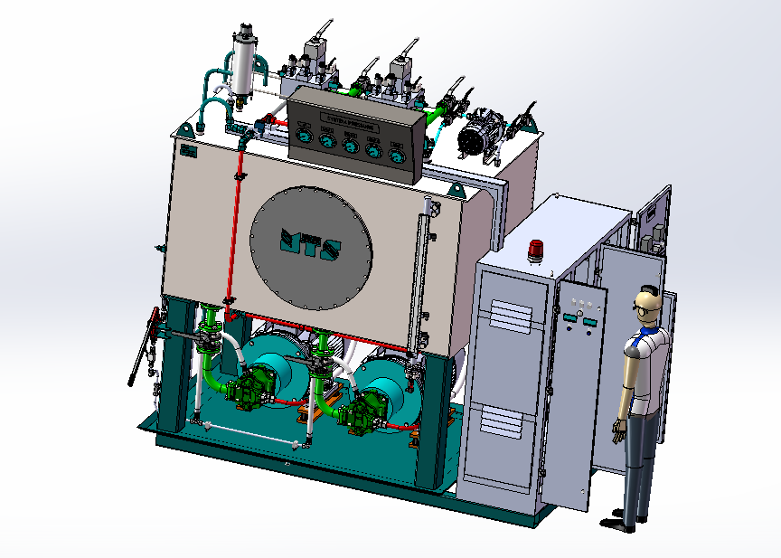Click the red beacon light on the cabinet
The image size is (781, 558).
tap(537, 250)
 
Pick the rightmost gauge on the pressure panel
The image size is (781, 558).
tap(394, 154)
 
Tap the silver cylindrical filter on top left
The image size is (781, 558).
tap(241, 61)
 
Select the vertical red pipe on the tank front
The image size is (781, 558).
tap(238, 226)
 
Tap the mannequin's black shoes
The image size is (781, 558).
tap(627, 522)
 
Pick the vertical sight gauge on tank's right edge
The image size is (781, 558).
tap(420, 271)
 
